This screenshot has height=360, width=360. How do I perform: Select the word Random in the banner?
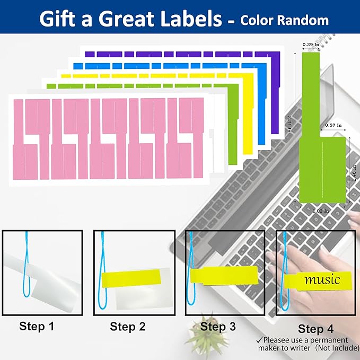click(304, 20)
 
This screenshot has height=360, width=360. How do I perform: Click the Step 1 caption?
click(37, 326)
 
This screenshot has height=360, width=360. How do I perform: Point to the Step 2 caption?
click(127, 327)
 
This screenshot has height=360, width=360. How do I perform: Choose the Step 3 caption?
click(218, 327)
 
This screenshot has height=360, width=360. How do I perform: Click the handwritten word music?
click(322, 279)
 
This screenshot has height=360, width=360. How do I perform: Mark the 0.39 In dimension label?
click(310, 45)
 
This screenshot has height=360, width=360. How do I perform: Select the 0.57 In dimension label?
click(332, 125)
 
